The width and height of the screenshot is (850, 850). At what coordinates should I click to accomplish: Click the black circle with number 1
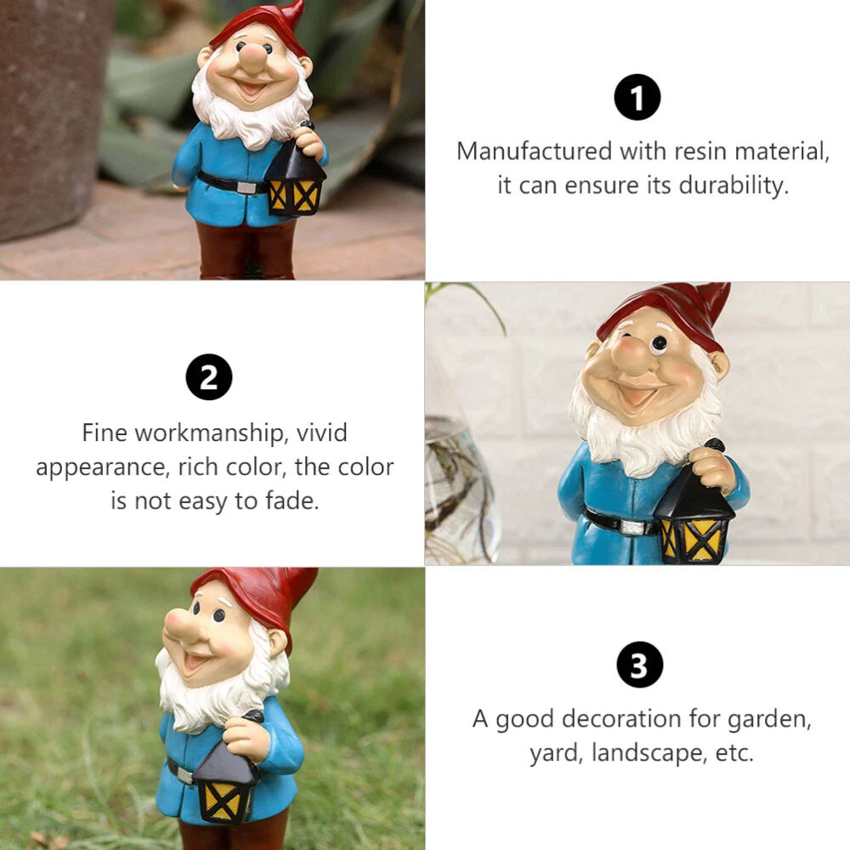click(637, 98)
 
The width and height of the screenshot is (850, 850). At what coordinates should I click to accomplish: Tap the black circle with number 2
click(209, 377)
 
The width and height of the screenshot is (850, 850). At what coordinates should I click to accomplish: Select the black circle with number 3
click(640, 665)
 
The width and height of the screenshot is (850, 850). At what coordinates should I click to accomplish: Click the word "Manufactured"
click(535, 151)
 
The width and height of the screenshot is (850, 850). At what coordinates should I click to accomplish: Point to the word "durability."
click(734, 185)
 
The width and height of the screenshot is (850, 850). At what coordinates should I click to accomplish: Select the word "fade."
click(292, 501)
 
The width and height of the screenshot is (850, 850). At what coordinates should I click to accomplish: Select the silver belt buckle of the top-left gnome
click(246, 188)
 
